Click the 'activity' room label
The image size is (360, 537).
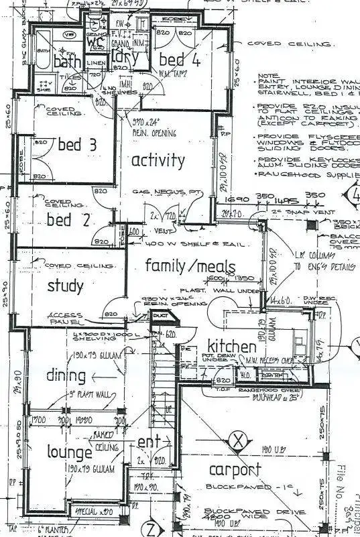(x=158, y=160)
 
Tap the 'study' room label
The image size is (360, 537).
(x=66, y=287)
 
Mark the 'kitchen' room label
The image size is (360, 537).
(x=231, y=347)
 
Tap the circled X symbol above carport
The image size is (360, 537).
(x=236, y=441)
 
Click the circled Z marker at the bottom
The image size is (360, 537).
(x=152, y=527)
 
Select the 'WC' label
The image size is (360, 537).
(x=92, y=41)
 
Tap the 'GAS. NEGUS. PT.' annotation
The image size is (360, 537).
(x=168, y=192)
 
